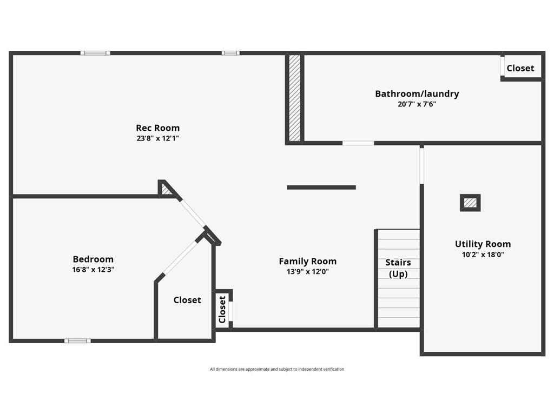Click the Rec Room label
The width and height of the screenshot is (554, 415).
[x=157, y=128]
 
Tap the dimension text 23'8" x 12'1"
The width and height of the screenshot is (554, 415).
[x=157, y=138]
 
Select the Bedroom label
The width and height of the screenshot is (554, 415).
[x=93, y=259]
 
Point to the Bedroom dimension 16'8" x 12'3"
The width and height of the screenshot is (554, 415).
[x=93, y=270]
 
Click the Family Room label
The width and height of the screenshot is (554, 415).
[x=307, y=262]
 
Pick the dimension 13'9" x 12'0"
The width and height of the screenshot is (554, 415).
[x=307, y=272]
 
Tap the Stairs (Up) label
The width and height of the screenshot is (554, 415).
[x=398, y=268]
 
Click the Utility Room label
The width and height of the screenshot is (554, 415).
[x=483, y=244]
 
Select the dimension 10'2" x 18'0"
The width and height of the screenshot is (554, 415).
[x=483, y=255]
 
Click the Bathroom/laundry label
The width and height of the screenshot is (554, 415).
[x=417, y=94]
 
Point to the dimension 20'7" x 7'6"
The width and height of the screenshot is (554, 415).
[x=417, y=104]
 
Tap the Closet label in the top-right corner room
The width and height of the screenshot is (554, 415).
[x=520, y=68]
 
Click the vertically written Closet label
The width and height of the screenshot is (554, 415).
[x=222, y=310]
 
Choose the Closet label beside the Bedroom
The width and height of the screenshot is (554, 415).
[x=187, y=300]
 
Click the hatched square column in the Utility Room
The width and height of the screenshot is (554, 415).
[x=470, y=203]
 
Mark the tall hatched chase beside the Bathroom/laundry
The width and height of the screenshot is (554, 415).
[x=294, y=98]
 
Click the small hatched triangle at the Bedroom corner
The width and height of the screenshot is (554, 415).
[x=166, y=190]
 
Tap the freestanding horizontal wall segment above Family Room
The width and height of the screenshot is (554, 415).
[x=321, y=188]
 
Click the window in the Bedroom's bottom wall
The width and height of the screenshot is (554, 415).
[x=77, y=340]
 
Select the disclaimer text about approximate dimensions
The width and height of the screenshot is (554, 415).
[x=277, y=369]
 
